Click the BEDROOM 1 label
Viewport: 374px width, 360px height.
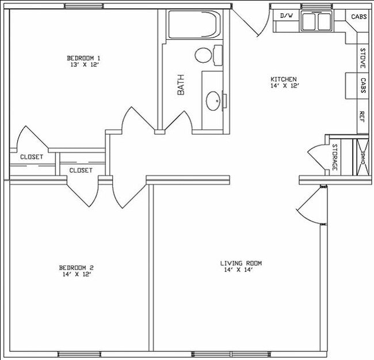click(x=84, y=58)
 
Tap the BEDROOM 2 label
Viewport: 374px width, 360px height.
click(x=76, y=267)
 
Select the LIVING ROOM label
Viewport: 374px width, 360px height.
click(x=241, y=263)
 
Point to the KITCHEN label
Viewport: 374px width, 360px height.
click(x=284, y=79)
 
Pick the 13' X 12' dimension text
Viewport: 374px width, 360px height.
click(x=84, y=65)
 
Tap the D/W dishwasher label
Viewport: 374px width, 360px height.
click(x=286, y=16)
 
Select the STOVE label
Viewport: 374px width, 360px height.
click(x=363, y=58)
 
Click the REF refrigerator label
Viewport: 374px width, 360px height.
click(x=363, y=116)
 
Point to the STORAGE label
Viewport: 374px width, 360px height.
click(x=334, y=157)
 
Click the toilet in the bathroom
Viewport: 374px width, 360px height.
click(x=208, y=55)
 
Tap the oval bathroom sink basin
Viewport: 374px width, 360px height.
click(x=213, y=100)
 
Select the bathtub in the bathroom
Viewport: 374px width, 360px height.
click(x=193, y=24)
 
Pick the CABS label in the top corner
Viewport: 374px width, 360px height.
click(x=360, y=17)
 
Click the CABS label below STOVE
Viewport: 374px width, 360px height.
click(x=363, y=86)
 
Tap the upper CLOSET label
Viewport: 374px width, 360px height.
click(x=32, y=157)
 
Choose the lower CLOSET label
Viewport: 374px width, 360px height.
click(x=81, y=170)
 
